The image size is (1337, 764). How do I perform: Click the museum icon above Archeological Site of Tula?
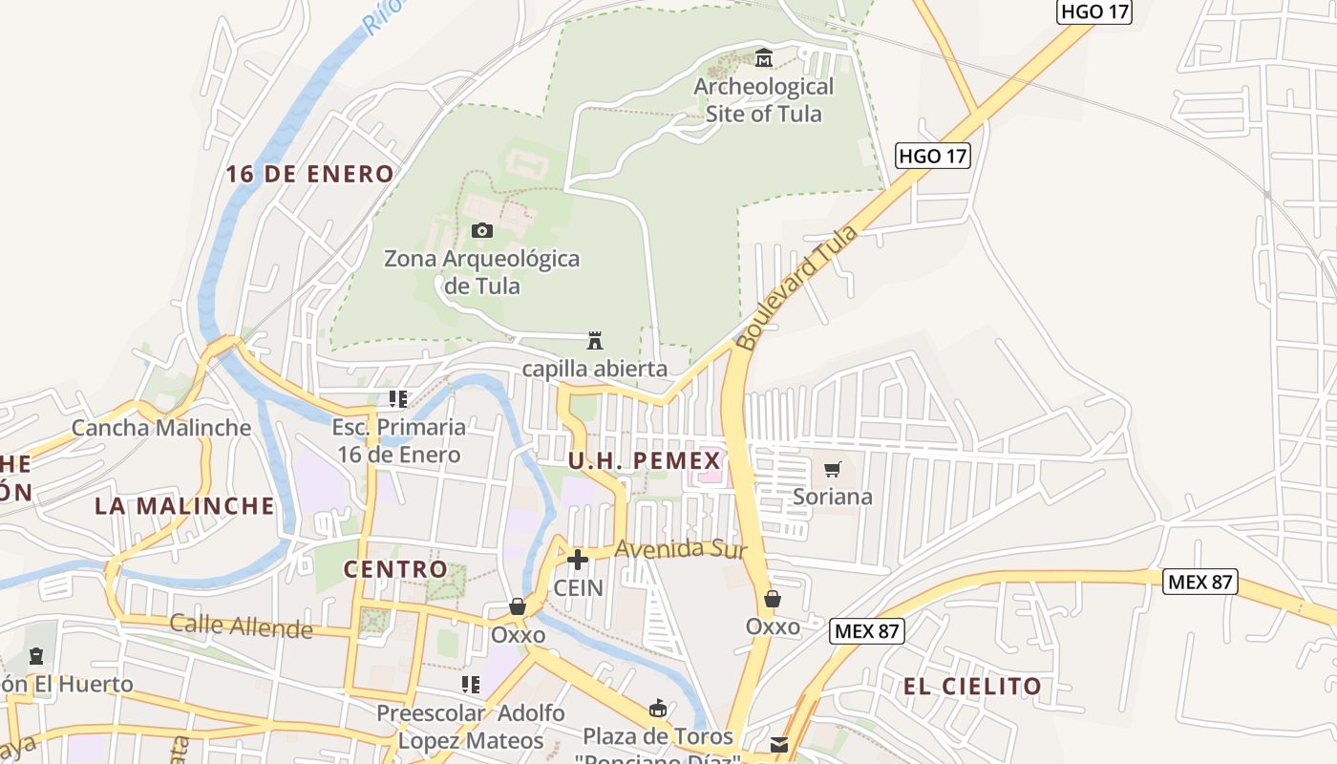coord(763,59)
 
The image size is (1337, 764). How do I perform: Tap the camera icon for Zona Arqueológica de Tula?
coord(482,230)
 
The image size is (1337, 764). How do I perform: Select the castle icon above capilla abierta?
coord(595,340)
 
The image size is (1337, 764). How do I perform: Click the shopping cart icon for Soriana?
coord(833,469)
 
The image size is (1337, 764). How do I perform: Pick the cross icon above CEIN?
coord(578,559)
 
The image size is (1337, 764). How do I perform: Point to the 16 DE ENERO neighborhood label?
coord(309,174)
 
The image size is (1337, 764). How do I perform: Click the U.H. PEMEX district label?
coord(644,461)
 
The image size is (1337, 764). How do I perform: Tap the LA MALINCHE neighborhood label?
coord(184,505)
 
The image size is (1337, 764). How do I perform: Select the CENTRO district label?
coord(395,569)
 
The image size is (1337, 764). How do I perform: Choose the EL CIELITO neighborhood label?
coord(972,686)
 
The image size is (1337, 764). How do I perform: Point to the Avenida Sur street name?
coord(680,549)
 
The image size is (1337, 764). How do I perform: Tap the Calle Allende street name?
coord(241,626)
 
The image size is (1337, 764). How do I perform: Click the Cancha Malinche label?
coord(161,427)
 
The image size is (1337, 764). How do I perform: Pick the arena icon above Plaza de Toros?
coord(657,708)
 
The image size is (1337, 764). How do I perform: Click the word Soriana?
coord(833,497)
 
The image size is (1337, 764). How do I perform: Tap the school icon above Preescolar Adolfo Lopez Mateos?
coord(470,684)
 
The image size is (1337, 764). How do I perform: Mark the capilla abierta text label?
coord(594,369)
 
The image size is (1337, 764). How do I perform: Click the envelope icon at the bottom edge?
coord(779,745)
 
